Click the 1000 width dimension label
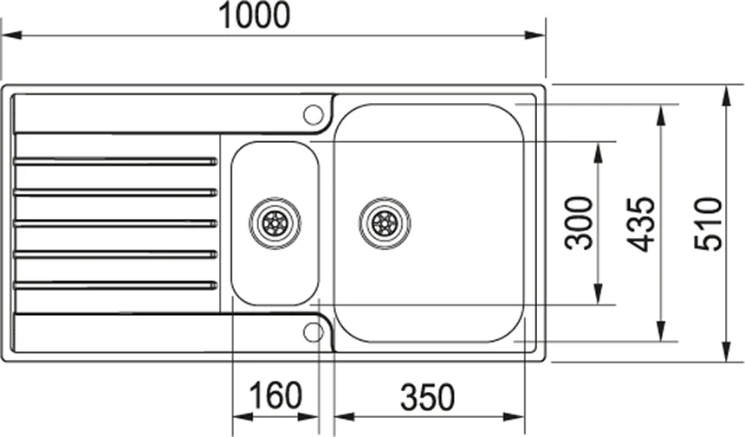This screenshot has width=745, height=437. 254,16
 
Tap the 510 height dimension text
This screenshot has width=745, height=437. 708,224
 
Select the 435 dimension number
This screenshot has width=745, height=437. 640,224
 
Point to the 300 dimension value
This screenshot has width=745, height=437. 579,223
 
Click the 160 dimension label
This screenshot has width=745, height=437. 275,395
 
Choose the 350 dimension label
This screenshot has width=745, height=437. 428,397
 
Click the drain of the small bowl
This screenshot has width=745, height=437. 275,222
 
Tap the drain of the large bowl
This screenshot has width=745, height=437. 385,222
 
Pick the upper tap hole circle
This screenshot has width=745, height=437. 313,114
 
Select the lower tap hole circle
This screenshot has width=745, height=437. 313,332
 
